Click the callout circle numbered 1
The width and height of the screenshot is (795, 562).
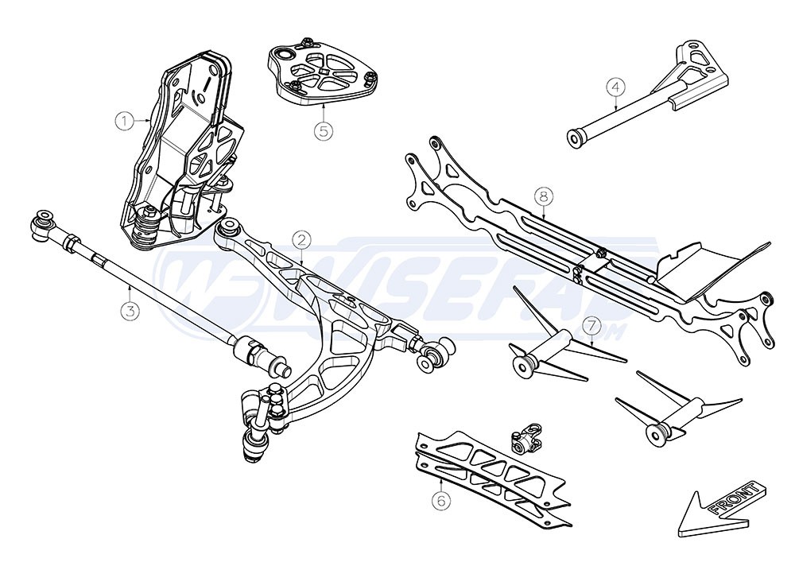123,121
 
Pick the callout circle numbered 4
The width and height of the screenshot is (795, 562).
616,86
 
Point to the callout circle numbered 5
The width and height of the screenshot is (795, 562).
323,130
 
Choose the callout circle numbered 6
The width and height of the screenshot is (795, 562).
439,500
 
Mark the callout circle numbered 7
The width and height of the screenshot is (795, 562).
590,326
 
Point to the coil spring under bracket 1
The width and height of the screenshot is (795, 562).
143,229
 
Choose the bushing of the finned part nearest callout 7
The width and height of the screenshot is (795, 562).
525,366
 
